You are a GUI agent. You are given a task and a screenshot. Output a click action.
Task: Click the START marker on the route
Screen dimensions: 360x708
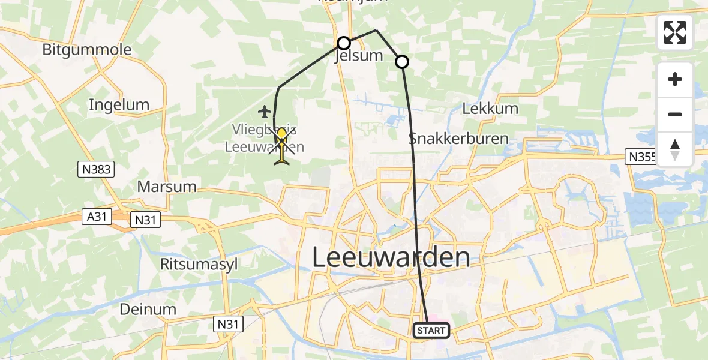tap(431, 331)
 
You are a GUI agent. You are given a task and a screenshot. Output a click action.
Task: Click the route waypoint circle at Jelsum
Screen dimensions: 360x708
tap(344, 43)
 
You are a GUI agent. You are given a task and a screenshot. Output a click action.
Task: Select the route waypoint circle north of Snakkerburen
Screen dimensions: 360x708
tap(402, 61)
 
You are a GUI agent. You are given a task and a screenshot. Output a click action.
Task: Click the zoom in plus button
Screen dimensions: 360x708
tap(675, 80)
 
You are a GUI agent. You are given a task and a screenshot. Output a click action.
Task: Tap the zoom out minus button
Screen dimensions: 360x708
tap(675, 114)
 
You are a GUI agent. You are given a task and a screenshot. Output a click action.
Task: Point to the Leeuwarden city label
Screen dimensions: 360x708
tap(391, 257)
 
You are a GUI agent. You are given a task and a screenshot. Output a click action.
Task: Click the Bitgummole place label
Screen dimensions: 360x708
tap(87, 49)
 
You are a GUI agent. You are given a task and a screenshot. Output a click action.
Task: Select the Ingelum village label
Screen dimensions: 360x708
tap(119, 105)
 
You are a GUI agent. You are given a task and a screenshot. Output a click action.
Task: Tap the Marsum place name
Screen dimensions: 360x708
tap(167, 186)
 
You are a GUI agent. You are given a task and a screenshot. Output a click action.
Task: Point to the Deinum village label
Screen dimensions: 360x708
tap(148, 310)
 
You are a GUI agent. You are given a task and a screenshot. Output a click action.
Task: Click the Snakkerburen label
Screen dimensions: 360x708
tap(458, 139)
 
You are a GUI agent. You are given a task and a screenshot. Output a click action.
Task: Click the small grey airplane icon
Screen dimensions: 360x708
tap(265, 111)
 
